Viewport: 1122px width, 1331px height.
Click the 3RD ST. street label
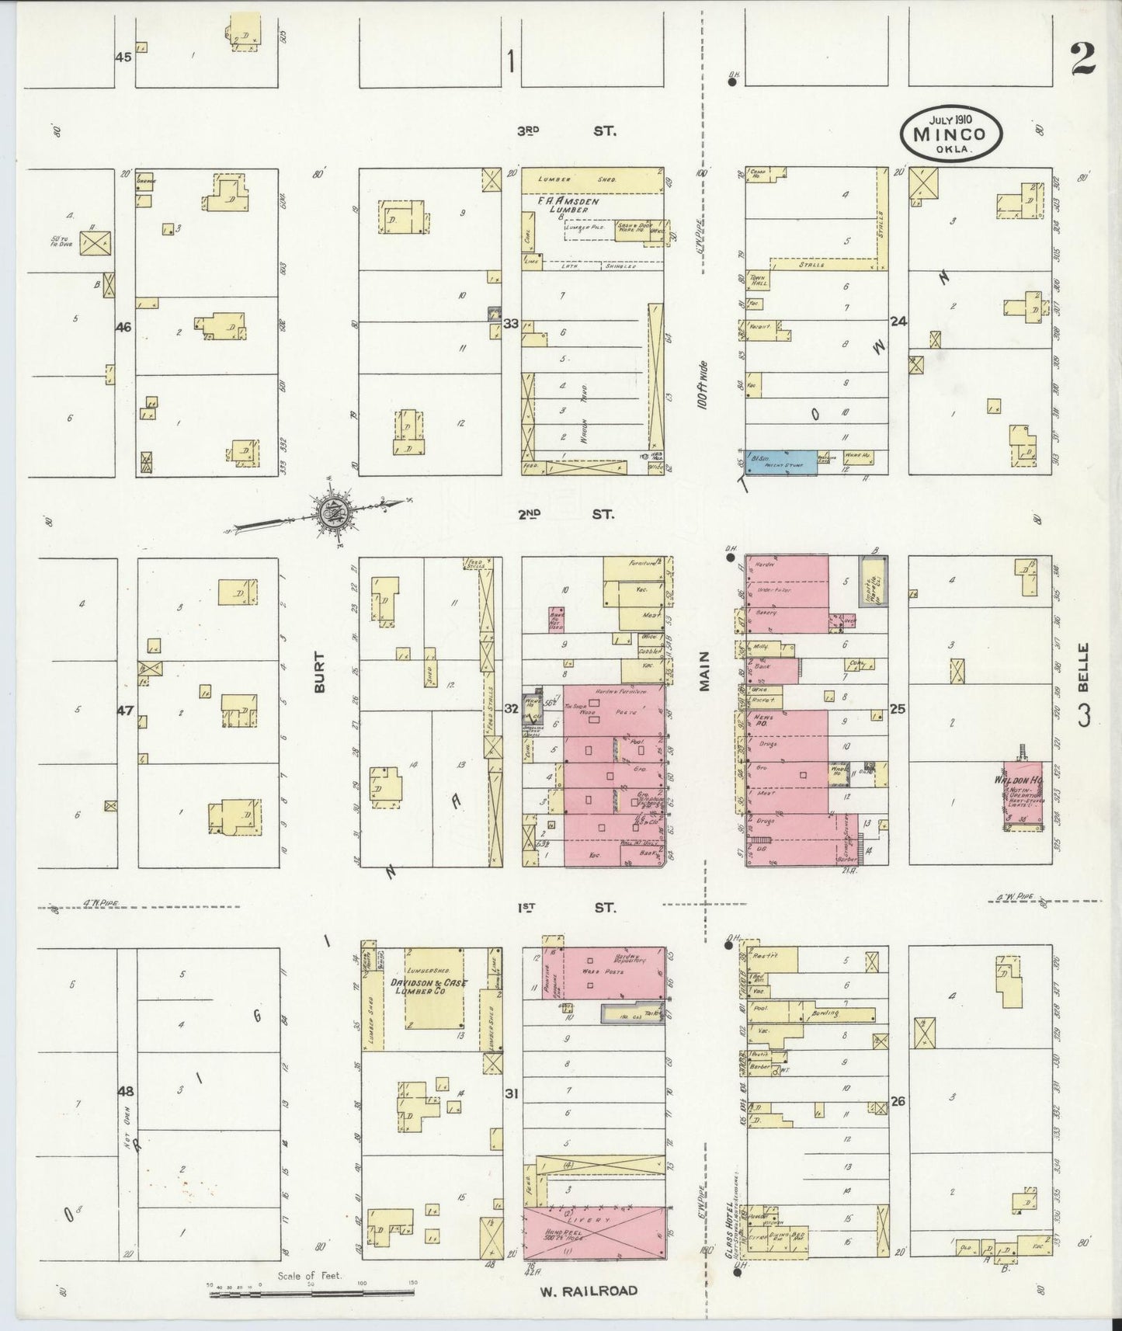(x=566, y=132)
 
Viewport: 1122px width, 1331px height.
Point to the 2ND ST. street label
(x=566, y=514)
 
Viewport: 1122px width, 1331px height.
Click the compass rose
(x=335, y=512)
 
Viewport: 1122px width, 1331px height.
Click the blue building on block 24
(x=781, y=462)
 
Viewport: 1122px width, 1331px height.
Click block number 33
(x=511, y=324)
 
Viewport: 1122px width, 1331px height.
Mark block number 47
(x=125, y=710)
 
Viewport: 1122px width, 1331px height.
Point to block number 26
(x=898, y=1102)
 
